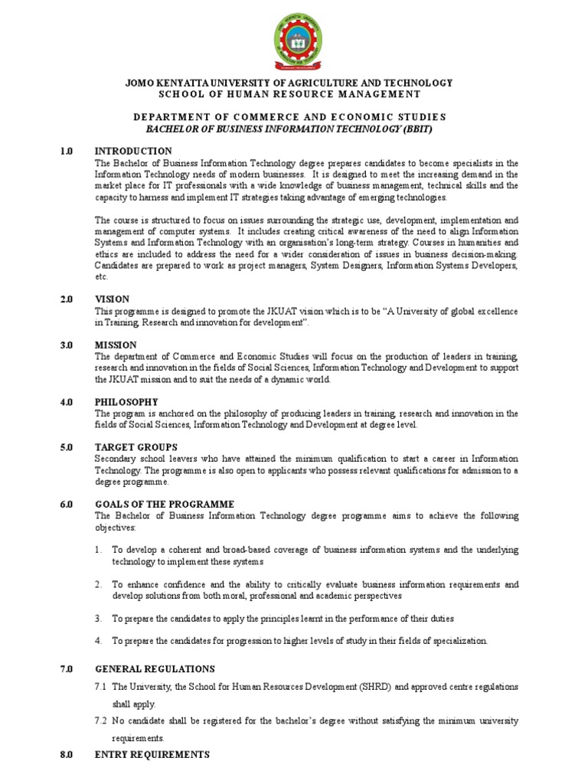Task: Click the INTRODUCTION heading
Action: (133, 151)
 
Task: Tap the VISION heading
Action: (112, 299)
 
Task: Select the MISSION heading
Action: (116, 345)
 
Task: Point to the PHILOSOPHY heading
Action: (126, 402)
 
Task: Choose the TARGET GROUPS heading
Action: (136, 447)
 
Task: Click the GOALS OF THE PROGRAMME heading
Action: (165, 505)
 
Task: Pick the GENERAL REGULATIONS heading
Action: (155, 669)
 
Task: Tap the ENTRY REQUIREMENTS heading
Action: (152, 755)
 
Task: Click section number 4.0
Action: (67, 402)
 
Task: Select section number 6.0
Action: (67, 505)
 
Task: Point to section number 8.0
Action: (67, 755)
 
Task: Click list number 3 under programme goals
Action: (98, 618)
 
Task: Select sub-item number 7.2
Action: (100, 721)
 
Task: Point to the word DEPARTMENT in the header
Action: (170, 116)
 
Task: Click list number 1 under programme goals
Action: (98, 550)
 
